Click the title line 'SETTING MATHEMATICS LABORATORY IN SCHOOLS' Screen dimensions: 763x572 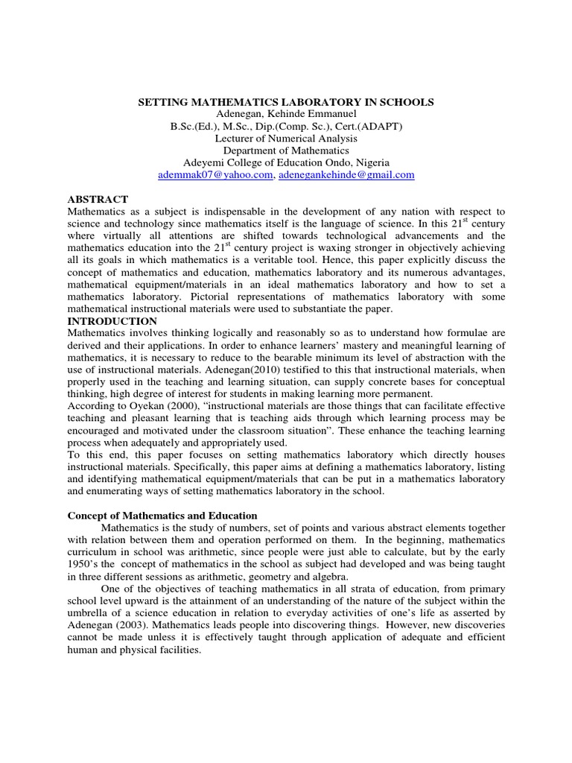click(x=286, y=101)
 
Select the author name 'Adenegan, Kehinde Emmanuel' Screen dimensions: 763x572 click(x=286, y=114)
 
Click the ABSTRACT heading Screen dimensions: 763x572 click(x=98, y=199)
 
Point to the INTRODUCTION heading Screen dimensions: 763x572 click(x=112, y=321)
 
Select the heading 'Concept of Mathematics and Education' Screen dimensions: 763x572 click(x=162, y=516)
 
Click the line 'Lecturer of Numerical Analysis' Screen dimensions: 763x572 click(x=286, y=139)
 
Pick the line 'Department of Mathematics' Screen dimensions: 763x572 click(x=286, y=151)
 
